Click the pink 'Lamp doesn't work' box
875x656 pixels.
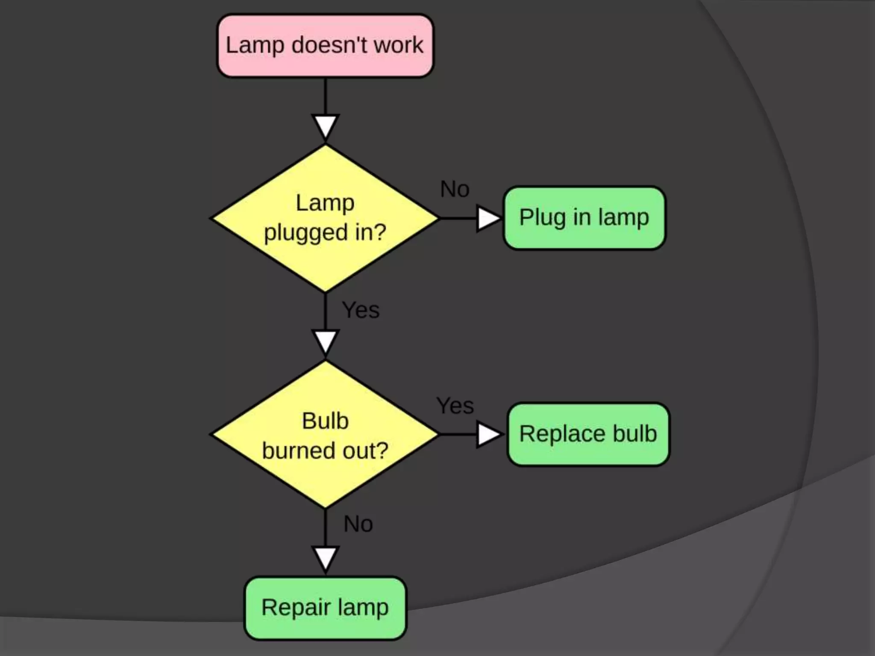(325, 46)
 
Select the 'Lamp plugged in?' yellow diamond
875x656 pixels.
(325, 218)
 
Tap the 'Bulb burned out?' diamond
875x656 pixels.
(325, 434)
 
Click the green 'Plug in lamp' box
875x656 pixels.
(584, 218)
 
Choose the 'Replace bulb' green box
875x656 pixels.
(588, 434)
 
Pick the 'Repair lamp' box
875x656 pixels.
(325, 608)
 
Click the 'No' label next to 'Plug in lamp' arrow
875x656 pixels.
(455, 189)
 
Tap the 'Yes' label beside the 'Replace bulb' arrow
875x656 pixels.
(455, 405)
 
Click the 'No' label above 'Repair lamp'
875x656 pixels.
(358, 524)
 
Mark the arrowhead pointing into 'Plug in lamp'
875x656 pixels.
(487, 218)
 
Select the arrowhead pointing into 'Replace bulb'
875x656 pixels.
(487, 435)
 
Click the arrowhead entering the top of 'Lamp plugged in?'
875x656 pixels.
(325, 126)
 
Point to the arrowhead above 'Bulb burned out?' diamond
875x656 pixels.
(325, 342)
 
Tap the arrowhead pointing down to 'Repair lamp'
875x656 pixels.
(325, 559)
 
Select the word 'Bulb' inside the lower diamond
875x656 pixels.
(325, 421)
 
